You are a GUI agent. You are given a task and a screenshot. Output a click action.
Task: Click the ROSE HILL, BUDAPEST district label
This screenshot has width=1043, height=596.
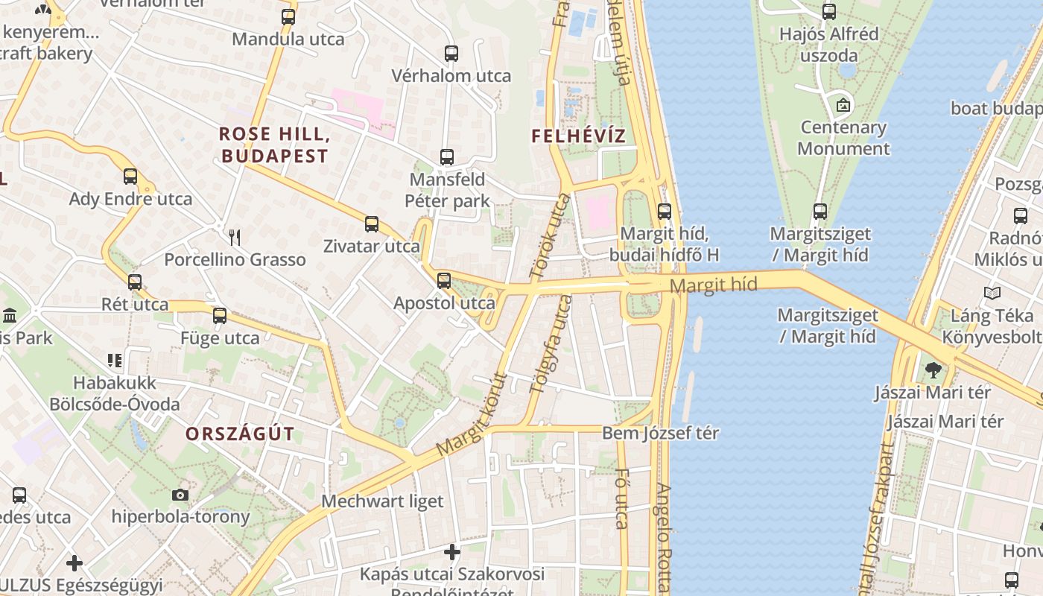(x=274, y=145)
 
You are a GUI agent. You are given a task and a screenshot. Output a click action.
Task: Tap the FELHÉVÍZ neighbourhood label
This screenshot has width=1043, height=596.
(x=579, y=136)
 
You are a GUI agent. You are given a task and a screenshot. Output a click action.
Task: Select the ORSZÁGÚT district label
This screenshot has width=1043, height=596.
(x=240, y=434)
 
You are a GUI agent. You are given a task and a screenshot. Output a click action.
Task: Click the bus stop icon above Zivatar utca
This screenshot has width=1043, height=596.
(x=371, y=223)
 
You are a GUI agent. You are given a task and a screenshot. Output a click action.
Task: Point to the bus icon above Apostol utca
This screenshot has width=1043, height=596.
(x=444, y=281)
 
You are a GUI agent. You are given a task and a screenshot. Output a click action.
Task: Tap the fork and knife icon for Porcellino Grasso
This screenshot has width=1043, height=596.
(x=235, y=238)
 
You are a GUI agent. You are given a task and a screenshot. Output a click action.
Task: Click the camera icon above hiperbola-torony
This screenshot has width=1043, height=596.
(x=180, y=495)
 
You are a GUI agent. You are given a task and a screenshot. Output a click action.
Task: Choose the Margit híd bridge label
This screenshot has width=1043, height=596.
(x=713, y=285)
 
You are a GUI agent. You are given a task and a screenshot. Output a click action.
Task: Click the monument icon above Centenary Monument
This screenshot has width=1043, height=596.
(x=843, y=105)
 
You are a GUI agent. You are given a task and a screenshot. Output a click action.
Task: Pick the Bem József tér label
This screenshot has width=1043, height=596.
(x=660, y=433)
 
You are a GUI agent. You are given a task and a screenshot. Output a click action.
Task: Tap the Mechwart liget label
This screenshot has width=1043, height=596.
(x=382, y=501)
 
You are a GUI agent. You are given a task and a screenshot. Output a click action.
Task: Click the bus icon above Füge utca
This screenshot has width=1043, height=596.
(x=220, y=315)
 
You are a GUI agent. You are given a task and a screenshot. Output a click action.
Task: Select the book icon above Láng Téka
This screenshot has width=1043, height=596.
(x=992, y=293)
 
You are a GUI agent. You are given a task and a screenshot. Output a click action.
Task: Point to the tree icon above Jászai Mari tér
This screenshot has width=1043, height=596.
(x=932, y=370)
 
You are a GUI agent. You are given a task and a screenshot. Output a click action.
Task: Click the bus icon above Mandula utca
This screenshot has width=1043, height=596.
(x=288, y=16)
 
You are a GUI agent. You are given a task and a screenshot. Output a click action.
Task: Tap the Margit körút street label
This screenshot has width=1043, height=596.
(x=472, y=414)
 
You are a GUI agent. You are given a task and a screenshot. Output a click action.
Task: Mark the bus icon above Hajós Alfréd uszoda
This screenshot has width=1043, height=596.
(x=829, y=12)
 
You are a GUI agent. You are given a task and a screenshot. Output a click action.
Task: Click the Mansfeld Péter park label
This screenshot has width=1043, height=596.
(x=447, y=190)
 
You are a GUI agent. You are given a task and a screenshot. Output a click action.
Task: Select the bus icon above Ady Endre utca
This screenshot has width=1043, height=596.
(x=130, y=177)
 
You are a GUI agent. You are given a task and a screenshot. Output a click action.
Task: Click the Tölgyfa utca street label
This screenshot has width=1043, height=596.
(x=551, y=343)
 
